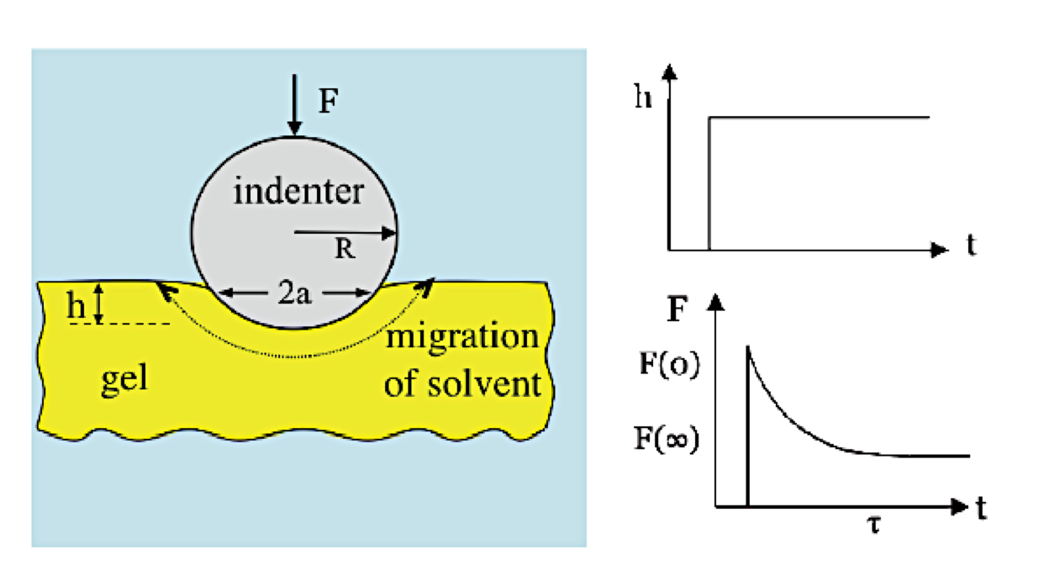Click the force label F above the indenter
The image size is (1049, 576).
(x=329, y=102)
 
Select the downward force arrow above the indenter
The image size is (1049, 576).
(x=293, y=105)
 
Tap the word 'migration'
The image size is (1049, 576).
(x=461, y=337)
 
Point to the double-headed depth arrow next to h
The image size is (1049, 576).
(x=98, y=304)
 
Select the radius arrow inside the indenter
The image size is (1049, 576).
(x=345, y=232)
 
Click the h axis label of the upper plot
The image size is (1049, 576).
(x=645, y=98)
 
